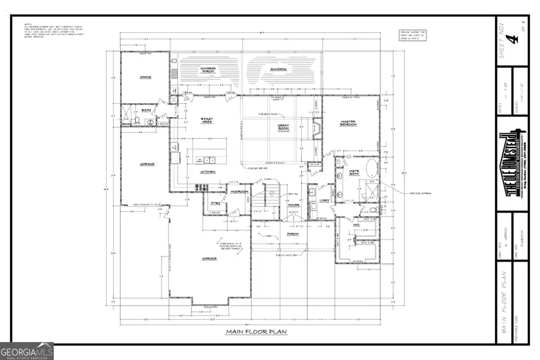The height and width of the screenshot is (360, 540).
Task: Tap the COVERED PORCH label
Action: [x=203, y=70]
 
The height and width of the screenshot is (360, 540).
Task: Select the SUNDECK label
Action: [x=278, y=70]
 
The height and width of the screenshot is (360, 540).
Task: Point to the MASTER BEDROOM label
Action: [x=349, y=124]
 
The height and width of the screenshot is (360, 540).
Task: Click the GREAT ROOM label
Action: [x=283, y=127]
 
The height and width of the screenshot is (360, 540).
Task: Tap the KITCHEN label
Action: [x=208, y=172]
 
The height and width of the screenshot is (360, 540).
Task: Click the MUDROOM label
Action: [x=239, y=191]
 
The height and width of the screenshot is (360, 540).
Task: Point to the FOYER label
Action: [x=293, y=205]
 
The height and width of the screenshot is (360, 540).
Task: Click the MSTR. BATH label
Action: [x=354, y=173]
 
